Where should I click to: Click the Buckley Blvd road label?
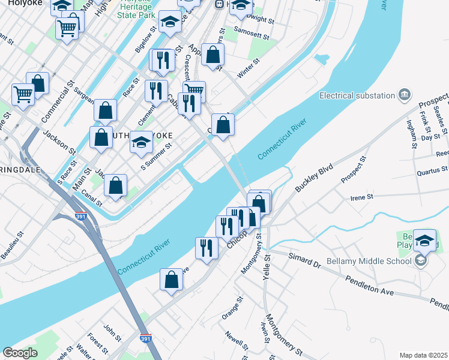pos(313,175)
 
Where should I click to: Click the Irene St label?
pos(361,196)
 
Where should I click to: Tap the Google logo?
pos(20,353)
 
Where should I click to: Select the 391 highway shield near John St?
pos(145,338)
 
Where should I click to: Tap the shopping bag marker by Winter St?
pos(213,55)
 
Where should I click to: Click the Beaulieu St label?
pos(13,245)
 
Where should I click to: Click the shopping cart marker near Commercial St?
pos(23,94)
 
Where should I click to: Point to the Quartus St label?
pos(432,172)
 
